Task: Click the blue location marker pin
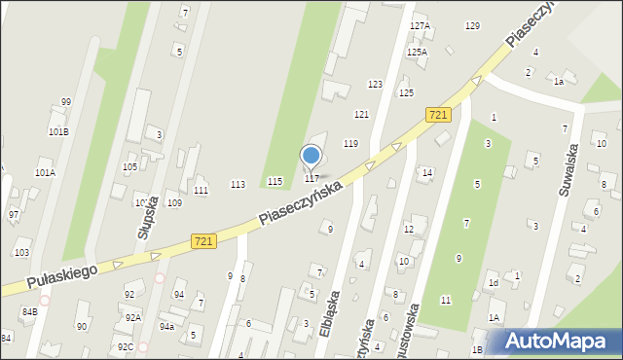311,156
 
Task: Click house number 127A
420,25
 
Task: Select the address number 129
472,25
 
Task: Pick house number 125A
417,52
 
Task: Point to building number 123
375,85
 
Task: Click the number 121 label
361,114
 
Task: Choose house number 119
350,143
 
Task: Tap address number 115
275,182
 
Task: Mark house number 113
237,184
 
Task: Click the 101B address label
58,131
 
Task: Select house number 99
66,101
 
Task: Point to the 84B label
30,311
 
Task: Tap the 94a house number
167,326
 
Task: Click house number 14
426,172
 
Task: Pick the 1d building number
494,283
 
